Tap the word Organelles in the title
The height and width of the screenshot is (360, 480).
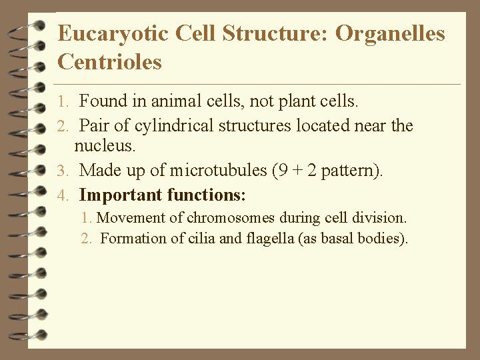[x=390, y=33]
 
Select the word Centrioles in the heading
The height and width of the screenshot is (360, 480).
[x=110, y=62]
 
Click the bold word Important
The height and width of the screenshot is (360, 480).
[x=121, y=195]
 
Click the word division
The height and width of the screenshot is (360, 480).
[x=382, y=218]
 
